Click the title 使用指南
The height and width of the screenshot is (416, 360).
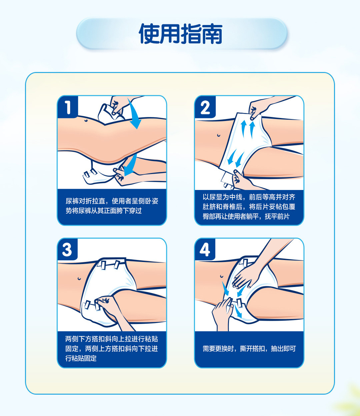pyautogui.click(x=181, y=34)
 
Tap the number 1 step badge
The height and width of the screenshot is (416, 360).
pyautogui.click(x=68, y=107)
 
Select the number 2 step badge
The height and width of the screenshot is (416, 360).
pyautogui.click(x=205, y=107)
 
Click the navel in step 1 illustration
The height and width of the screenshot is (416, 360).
pyautogui.click(x=86, y=121)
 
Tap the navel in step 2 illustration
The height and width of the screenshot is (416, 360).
pyautogui.click(x=219, y=135)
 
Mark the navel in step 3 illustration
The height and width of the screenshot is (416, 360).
pyautogui.click(x=79, y=279)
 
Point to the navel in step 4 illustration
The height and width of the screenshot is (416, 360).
pyautogui.click(x=222, y=276)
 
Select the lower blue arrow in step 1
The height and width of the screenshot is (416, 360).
pyautogui.click(x=130, y=165)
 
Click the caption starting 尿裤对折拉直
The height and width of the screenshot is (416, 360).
pyautogui.click(x=112, y=206)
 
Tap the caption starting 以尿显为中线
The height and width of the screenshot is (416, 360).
pyautogui.click(x=249, y=207)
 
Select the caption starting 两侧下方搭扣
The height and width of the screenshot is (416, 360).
pyautogui.click(x=112, y=349)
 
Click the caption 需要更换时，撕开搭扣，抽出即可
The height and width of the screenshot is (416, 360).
pyautogui.click(x=249, y=349)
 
